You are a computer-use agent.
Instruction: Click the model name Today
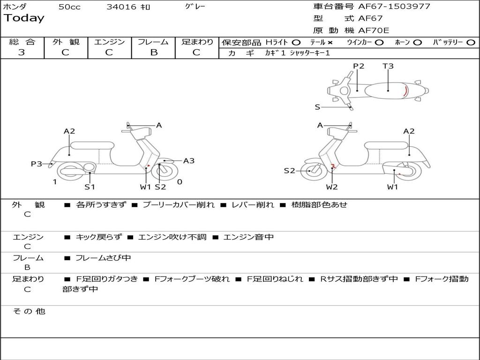[x=24, y=18]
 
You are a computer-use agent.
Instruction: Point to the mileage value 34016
[x=121, y=7]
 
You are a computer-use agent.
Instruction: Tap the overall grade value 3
[x=22, y=52]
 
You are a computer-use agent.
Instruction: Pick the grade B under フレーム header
[x=153, y=52]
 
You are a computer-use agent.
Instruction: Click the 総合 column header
[x=22, y=42]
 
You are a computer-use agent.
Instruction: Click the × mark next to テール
[x=330, y=42]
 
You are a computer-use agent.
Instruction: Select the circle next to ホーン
[x=418, y=42]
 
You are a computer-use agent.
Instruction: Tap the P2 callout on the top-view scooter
[x=359, y=66]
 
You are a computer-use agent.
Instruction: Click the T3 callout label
[x=388, y=66]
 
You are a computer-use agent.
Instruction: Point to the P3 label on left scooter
[x=37, y=164]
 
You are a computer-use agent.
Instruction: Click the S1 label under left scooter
[x=90, y=187]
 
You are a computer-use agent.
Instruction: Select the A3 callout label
[x=189, y=161]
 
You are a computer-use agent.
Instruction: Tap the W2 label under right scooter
[x=332, y=187]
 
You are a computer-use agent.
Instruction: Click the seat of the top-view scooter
[x=387, y=90]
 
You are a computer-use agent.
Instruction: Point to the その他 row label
[x=29, y=311]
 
